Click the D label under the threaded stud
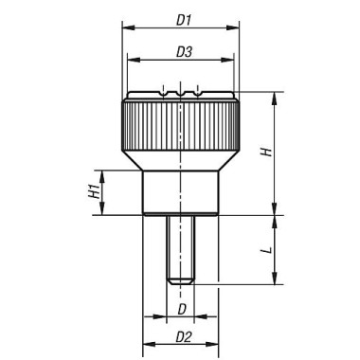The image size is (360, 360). click(x=181, y=309)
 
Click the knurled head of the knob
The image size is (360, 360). click(x=180, y=134)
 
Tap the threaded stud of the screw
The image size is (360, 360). click(x=180, y=246)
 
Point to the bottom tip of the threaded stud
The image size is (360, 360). click(x=180, y=281)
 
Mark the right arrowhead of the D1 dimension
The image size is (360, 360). click(x=234, y=28)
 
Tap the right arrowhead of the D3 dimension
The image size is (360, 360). click(x=229, y=62)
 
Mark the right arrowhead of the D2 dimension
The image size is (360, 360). click(x=216, y=346)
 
